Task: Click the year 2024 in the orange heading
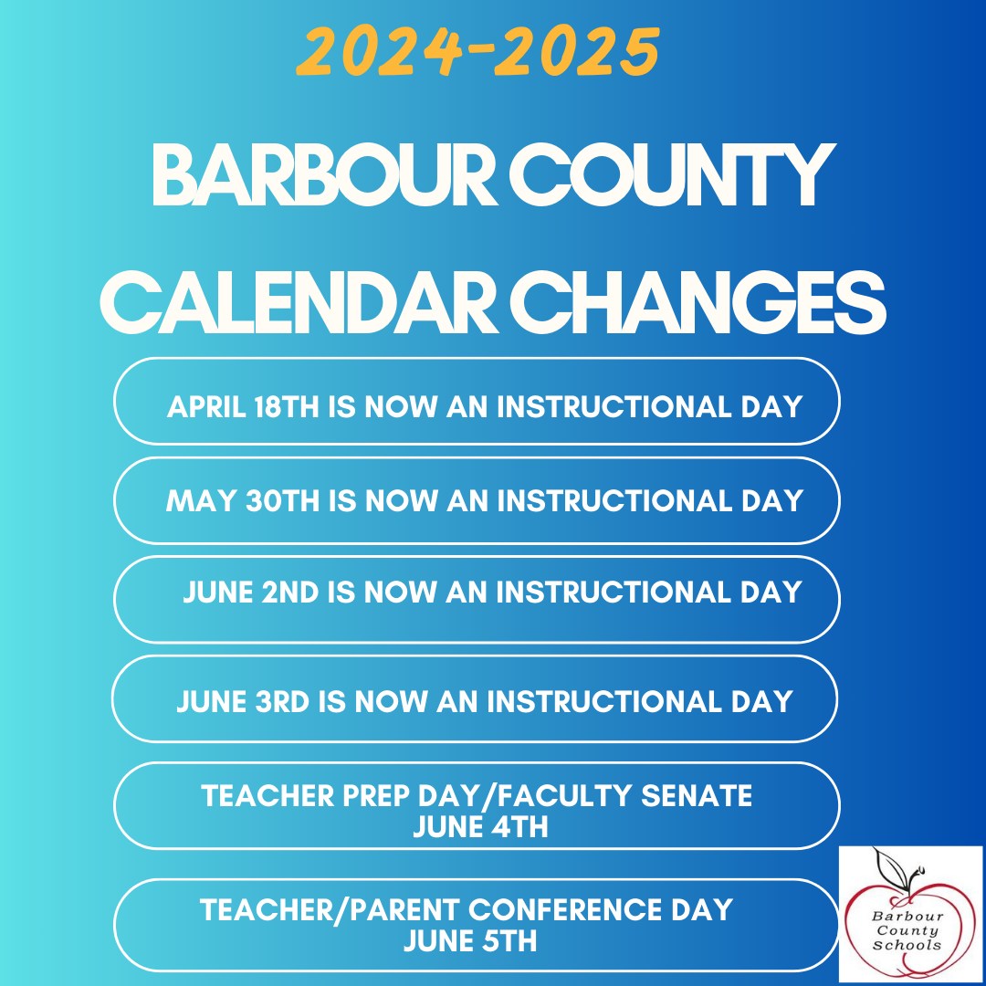pyautogui.click(x=381, y=51)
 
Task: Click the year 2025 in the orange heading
pyautogui.click(x=576, y=51)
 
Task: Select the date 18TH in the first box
pyautogui.click(x=288, y=407)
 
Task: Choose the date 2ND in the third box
pyautogui.click(x=290, y=593)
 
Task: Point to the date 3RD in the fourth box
pyautogui.click(x=282, y=702)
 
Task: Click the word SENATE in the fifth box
pyautogui.click(x=697, y=795)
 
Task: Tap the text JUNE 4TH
pyautogui.click(x=480, y=826)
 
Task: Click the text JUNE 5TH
pyautogui.click(x=470, y=940)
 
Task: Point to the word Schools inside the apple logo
pyautogui.click(x=907, y=945)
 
